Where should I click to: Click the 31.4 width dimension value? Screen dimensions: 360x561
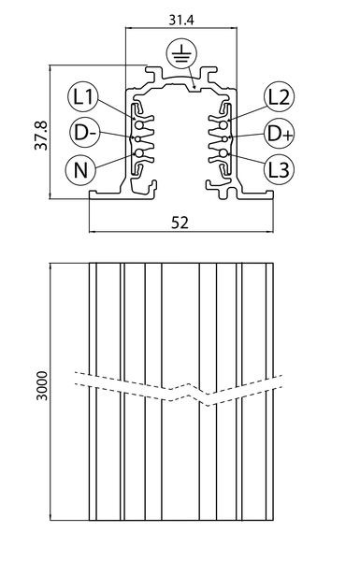[x=181, y=20]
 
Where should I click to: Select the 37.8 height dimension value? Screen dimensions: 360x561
[x=41, y=136]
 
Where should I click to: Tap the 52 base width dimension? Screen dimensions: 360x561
[x=180, y=223]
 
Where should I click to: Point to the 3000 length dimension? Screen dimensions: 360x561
[x=42, y=386]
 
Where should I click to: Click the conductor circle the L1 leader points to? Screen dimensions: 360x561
[x=138, y=125]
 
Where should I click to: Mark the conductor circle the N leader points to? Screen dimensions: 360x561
[x=138, y=153]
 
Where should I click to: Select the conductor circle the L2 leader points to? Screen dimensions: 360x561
[x=223, y=125]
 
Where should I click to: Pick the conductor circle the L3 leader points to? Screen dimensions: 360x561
[x=223, y=153]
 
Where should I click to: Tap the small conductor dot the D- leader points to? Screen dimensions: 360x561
[x=138, y=138]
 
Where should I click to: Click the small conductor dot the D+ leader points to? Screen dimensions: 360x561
[x=224, y=138]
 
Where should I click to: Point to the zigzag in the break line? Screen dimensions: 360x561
[x=190, y=392]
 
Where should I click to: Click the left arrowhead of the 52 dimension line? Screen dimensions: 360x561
[x=93, y=232]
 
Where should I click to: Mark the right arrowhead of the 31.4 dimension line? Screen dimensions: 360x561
[x=234, y=27]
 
